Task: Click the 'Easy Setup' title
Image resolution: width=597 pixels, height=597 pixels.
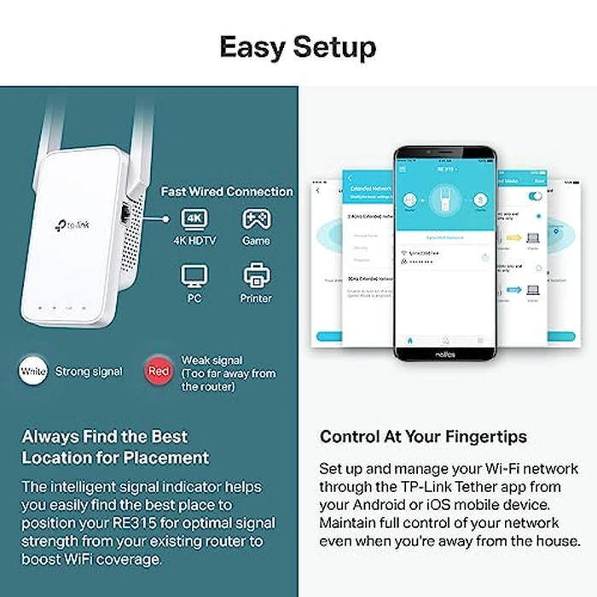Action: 298,46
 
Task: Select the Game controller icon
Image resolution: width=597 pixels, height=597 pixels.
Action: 256,219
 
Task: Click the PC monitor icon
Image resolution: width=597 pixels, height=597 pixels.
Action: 194,275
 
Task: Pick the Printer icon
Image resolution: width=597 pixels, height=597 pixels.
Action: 256,275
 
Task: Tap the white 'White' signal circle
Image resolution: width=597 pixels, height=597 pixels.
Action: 33,371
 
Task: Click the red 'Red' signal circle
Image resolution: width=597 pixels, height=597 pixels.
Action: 158,371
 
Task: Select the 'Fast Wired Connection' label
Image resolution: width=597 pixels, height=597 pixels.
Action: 227,192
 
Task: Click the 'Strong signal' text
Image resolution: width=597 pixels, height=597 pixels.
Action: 88,372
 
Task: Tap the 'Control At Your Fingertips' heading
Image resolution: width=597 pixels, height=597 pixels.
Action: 423,437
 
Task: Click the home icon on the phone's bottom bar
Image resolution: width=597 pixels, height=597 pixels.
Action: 410,339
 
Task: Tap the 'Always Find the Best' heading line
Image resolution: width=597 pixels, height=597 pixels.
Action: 105,437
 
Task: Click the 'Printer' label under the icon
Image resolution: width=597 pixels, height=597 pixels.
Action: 256,298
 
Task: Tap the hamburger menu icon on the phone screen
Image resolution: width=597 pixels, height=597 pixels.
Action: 403,170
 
